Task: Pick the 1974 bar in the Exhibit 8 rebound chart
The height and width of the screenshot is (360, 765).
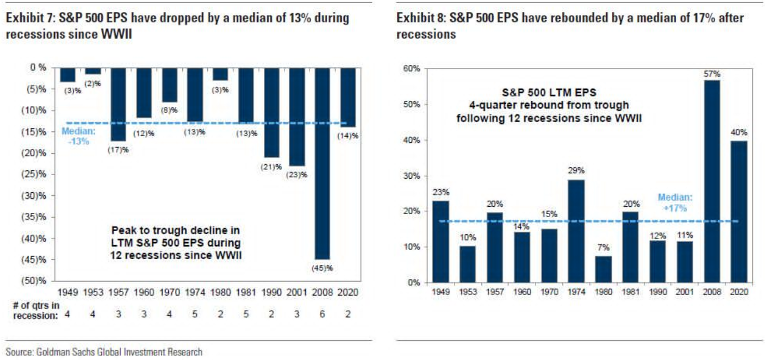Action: coord(576,231)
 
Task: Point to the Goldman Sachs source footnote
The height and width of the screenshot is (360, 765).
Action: coord(103,352)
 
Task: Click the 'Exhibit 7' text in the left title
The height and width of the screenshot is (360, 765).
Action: coord(26,19)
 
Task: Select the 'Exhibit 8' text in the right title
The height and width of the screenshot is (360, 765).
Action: coord(418,19)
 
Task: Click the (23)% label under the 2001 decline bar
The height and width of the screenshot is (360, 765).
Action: coord(297,175)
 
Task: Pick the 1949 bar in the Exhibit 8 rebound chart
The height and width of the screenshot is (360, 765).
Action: coord(440,242)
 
